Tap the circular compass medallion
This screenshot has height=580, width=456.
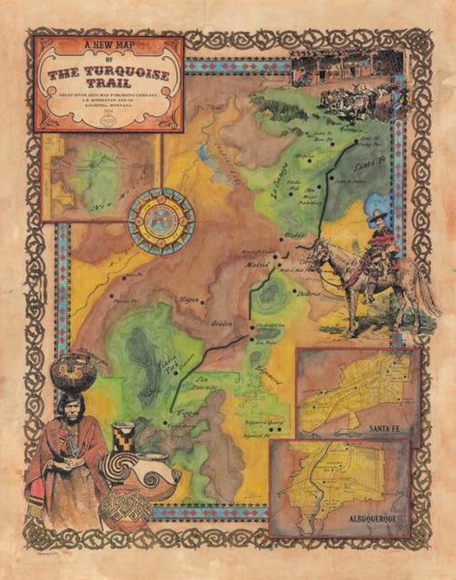(x=161, y=221)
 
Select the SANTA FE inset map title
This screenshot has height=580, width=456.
(x=386, y=429)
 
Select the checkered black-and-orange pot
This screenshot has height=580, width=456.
(x=123, y=438)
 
